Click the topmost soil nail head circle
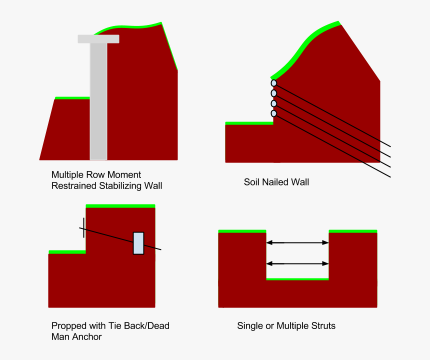[273, 83]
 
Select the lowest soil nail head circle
[273, 113]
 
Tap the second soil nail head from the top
[273, 93]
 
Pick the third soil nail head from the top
[273, 103]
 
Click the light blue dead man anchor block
[138, 243]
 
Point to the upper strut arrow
[297, 242]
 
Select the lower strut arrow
[297, 263]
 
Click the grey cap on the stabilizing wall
[98, 39]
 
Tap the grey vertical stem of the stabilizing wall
[98, 101]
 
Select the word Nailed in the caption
[276, 182]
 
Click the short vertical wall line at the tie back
[83, 227]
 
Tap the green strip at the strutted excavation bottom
[297, 279]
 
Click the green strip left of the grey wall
[72, 98]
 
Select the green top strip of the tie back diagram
[120, 206]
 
